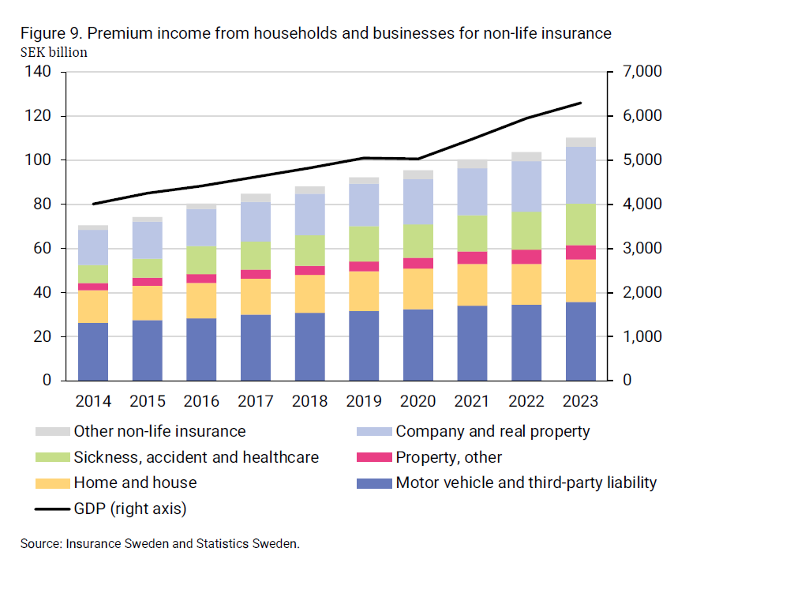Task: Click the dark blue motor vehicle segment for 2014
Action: (x=93, y=351)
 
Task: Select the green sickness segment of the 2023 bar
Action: (x=581, y=224)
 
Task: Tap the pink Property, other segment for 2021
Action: (x=473, y=257)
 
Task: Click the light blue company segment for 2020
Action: (x=418, y=201)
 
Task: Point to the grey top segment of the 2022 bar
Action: (x=526, y=156)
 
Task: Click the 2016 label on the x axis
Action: (x=201, y=401)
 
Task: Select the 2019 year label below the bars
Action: (x=364, y=401)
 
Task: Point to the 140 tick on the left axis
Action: (x=38, y=72)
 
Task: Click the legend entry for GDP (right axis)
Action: (x=129, y=509)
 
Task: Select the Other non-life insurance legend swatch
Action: (x=52, y=432)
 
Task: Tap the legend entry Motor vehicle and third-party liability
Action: (x=526, y=482)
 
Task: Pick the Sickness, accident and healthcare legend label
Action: (x=196, y=457)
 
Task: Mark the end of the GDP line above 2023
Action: (x=581, y=103)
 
